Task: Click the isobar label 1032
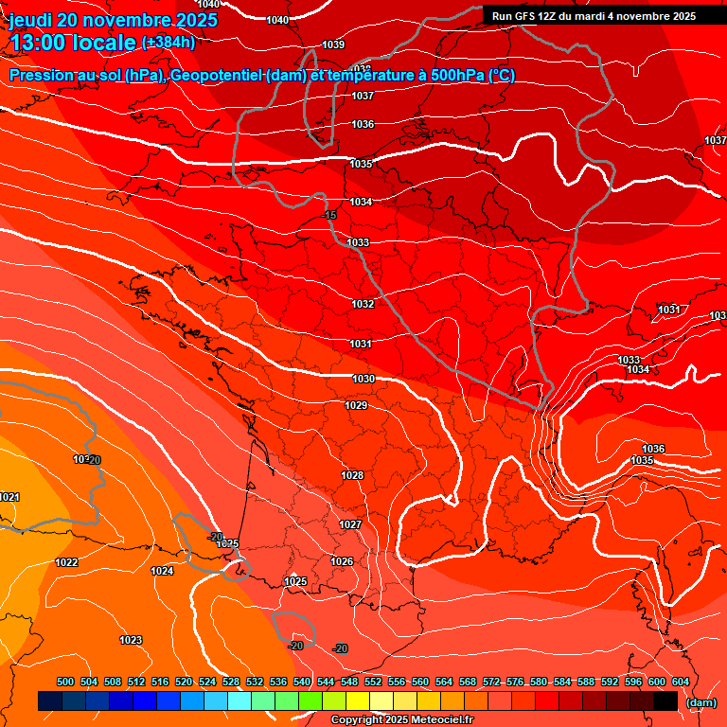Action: [x=363, y=304]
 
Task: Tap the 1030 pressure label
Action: [x=363, y=379]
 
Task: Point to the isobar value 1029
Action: [x=356, y=405]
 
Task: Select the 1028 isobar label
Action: [x=352, y=475]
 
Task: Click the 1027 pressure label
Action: [x=350, y=524]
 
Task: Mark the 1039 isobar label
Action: [x=333, y=44]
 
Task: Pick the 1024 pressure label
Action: [x=162, y=571]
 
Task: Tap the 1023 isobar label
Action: [x=131, y=641]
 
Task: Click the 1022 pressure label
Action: [x=66, y=562]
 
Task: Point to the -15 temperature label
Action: [x=330, y=216]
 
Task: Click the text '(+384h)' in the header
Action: [x=168, y=42]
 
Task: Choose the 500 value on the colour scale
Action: [x=65, y=682]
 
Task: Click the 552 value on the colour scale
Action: [x=373, y=682]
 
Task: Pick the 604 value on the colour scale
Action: [x=680, y=682]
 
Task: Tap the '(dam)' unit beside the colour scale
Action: [x=700, y=702]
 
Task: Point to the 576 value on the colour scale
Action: [x=515, y=682]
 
